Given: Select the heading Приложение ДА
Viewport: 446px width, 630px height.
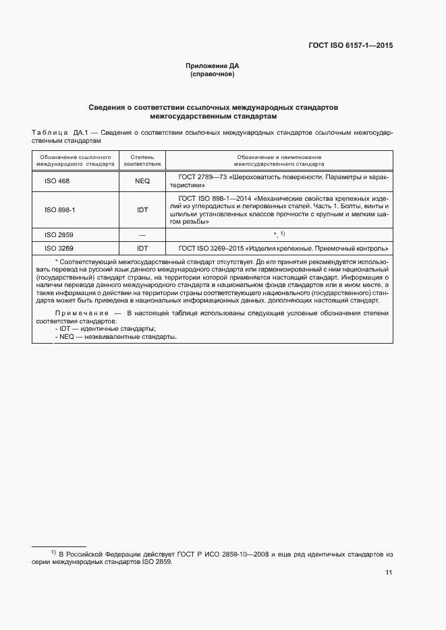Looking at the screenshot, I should (x=213, y=66).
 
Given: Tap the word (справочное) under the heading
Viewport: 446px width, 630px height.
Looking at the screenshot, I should (x=213, y=74).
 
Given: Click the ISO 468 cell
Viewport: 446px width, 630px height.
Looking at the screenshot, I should (x=57, y=181).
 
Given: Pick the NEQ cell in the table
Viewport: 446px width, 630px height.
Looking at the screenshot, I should (x=142, y=181).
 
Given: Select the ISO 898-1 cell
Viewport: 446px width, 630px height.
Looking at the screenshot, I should (x=59, y=210).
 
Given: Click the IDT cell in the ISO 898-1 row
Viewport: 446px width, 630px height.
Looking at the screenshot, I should (x=142, y=210).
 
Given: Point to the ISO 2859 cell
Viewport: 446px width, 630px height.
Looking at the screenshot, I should (x=59, y=234).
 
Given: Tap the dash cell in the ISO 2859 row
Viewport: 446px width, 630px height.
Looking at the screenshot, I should (x=142, y=234).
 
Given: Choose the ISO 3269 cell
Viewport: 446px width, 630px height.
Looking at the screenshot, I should (x=59, y=248).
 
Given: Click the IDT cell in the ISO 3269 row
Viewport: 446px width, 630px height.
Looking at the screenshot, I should (x=142, y=248).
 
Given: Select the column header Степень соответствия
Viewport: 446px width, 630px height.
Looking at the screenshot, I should (x=142, y=160).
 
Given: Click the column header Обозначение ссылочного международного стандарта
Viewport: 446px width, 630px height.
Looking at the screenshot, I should (x=74, y=160).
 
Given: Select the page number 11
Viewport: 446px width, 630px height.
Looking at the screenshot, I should (x=389, y=573).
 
